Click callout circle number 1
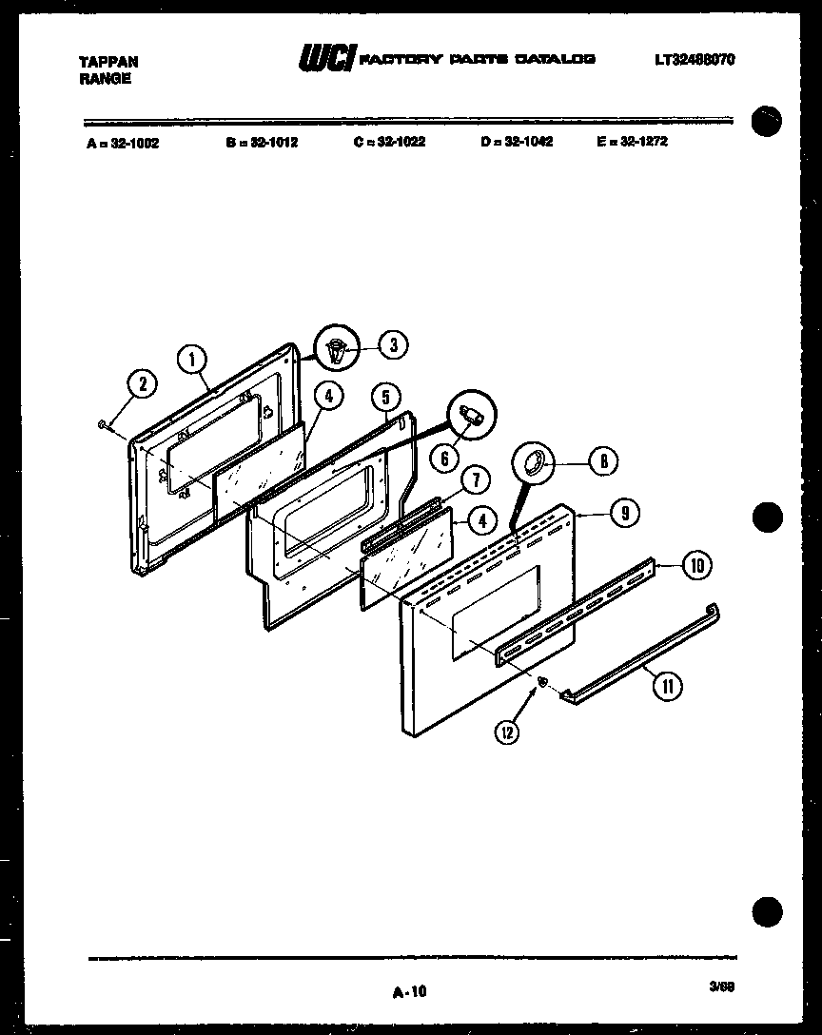(192, 360)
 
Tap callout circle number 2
(142, 384)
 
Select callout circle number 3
(393, 345)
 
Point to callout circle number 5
(385, 397)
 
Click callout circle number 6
(442, 458)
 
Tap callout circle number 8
(602, 462)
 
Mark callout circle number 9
(623, 514)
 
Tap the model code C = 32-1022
(388, 142)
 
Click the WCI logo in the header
(327, 60)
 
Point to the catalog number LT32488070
(694, 60)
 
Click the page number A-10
(410, 992)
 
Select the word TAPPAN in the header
(108, 62)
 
